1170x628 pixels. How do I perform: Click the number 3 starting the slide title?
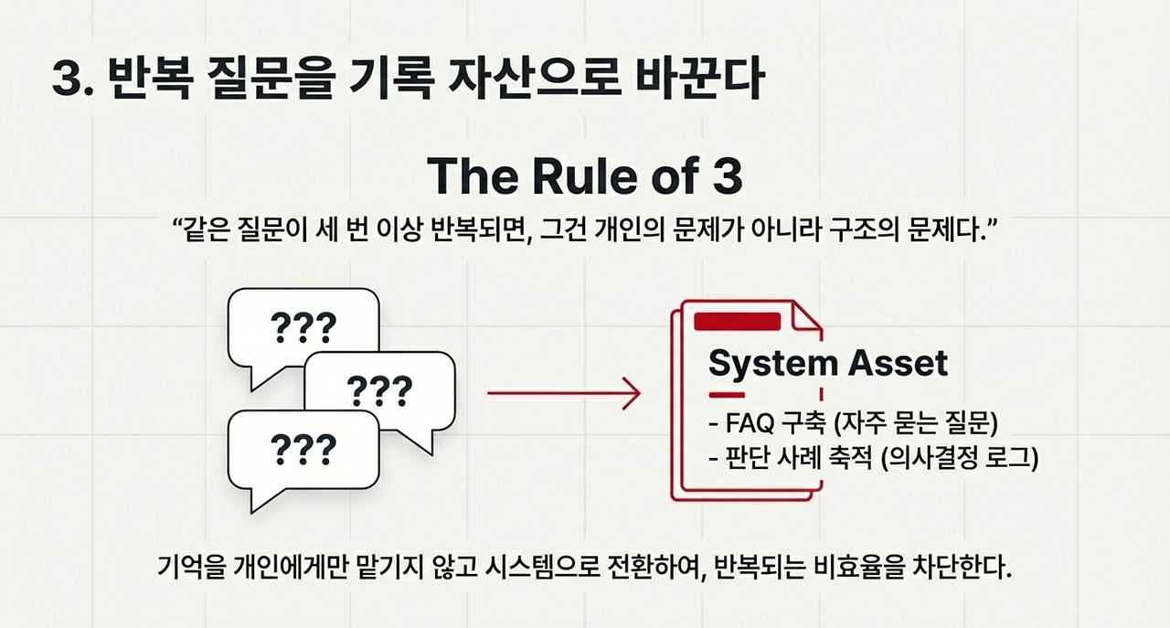pyautogui.click(x=66, y=80)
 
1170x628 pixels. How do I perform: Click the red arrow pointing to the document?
pyautogui.click(x=563, y=394)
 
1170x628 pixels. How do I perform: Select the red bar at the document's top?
pyautogui.click(x=738, y=322)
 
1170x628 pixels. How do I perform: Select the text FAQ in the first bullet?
pyautogui.click(x=747, y=425)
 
